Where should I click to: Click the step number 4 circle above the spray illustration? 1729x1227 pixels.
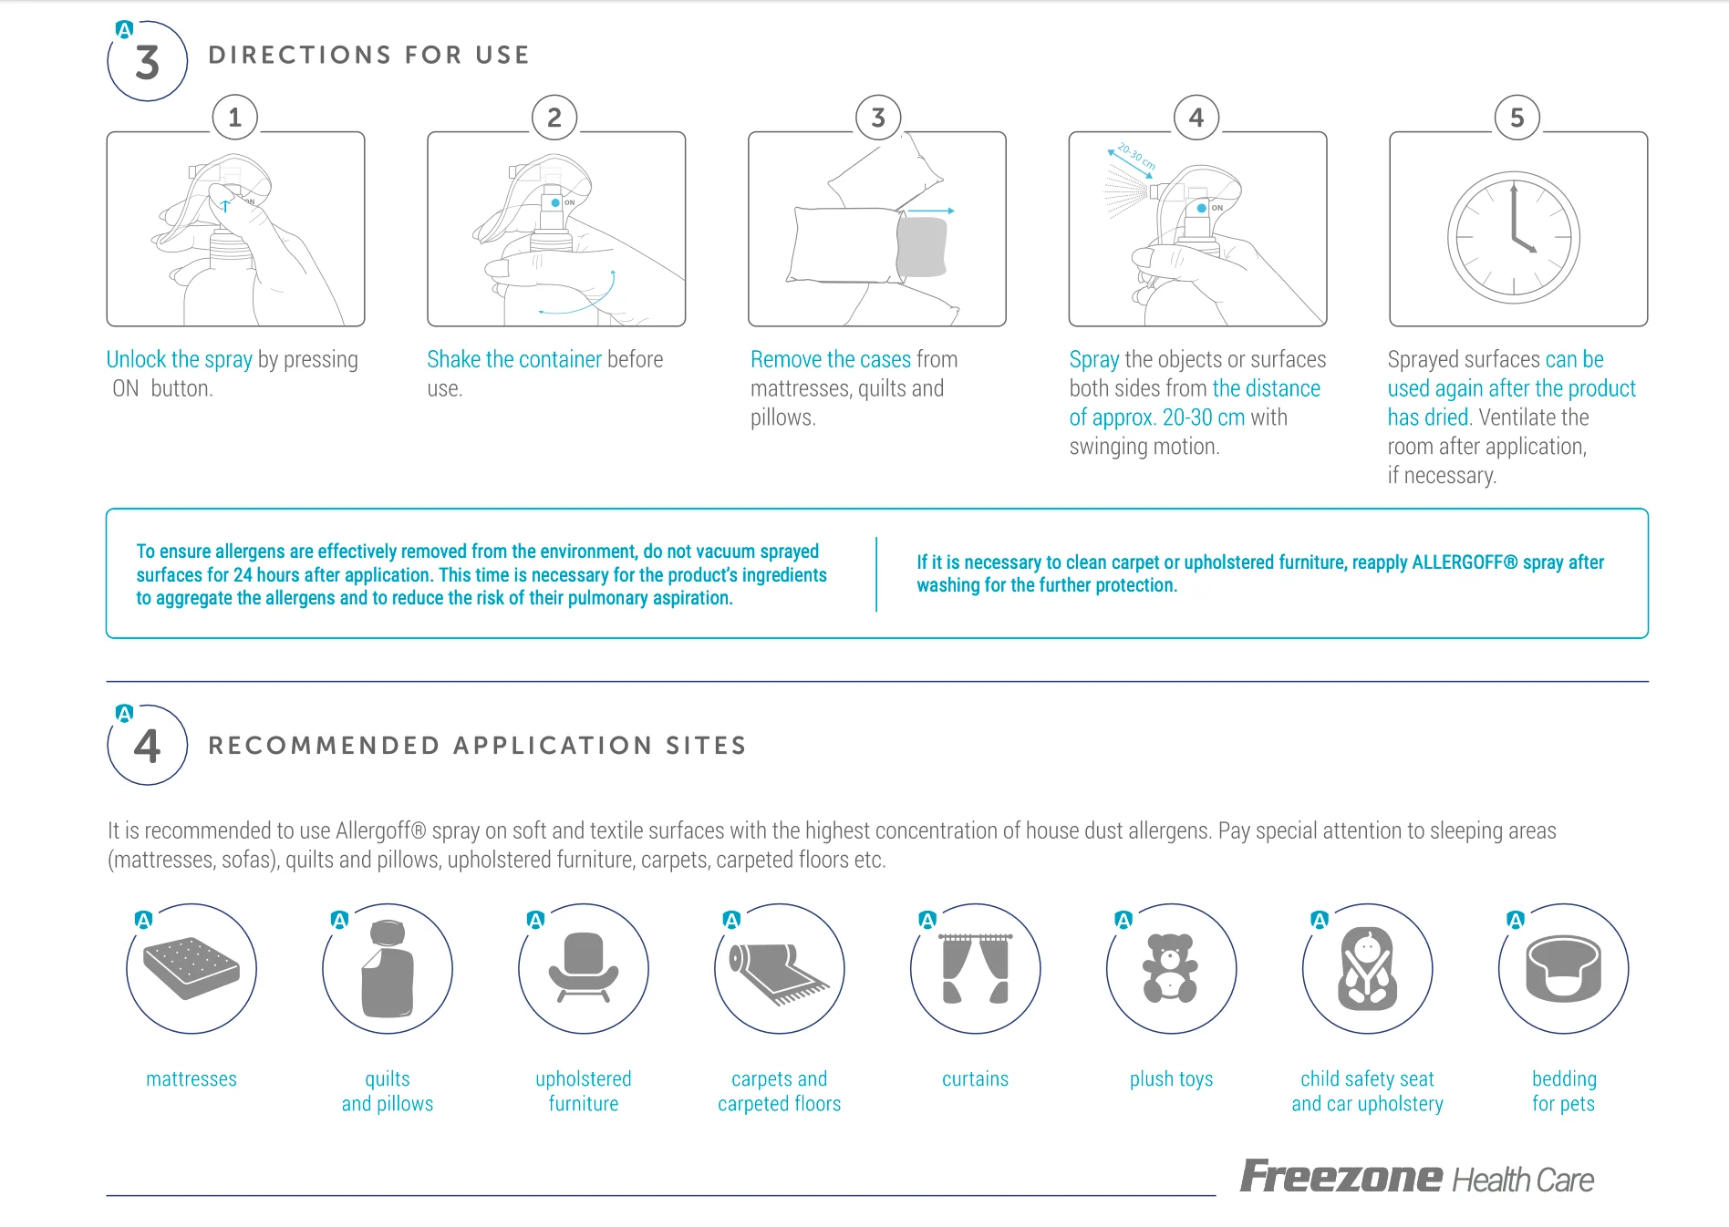1196,118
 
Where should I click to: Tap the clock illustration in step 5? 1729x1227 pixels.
1514,238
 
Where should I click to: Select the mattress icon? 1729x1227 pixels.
192,969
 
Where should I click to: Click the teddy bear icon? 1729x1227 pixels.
1171,968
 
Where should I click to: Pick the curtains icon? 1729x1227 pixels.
976,968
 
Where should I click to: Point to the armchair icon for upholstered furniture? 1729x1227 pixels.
584,967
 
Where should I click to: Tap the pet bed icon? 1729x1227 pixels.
1564,968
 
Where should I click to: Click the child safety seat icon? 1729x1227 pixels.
1367,969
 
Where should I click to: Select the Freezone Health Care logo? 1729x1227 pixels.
1416,1177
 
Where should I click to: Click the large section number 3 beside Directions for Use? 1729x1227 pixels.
148,63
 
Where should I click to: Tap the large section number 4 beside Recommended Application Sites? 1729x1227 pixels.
148,746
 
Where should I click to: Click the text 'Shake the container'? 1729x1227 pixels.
514,359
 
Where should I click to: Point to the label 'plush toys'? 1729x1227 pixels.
1171,1079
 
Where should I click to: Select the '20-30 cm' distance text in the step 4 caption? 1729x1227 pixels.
1204,418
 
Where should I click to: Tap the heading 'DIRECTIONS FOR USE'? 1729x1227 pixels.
368,55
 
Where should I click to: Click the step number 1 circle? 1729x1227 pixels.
235,118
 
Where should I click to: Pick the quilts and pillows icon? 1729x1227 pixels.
388,968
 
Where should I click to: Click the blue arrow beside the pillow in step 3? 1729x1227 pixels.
931,211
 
